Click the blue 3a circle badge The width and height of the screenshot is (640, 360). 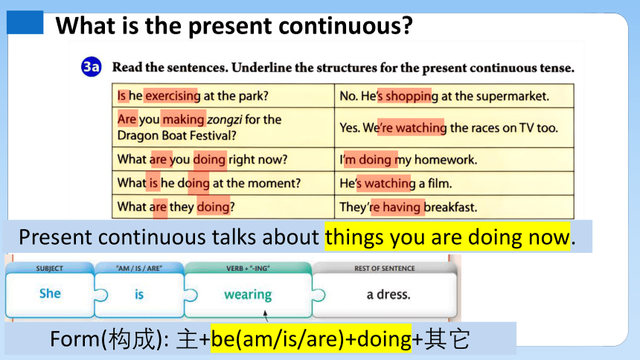(x=91, y=67)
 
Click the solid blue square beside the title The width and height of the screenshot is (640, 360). (x=25, y=22)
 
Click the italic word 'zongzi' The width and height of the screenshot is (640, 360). (x=225, y=120)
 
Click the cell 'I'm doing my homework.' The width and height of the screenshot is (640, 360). (x=454, y=160)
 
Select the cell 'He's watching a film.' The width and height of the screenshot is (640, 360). (x=454, y=183)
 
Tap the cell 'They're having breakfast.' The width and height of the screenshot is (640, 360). (x=454, y=207)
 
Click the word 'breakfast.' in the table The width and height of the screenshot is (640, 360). (x=450, y=207)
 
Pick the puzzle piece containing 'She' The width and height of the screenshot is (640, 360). (x=50, y=295)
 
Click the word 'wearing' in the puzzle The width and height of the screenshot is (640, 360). (x=248, y=295)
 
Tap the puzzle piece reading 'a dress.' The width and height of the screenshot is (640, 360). (x=385, y=295)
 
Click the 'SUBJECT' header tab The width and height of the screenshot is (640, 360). (x=49, y=269)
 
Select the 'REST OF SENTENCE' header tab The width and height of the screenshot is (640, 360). (x=385, y=269)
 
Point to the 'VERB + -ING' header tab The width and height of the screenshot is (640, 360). (x=248, y=269)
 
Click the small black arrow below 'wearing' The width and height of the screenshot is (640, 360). (x=266, y=315)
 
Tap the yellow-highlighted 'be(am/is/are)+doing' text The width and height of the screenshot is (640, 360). (x=311, y=338)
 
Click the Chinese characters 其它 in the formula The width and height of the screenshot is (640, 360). (x=447, y=339)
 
